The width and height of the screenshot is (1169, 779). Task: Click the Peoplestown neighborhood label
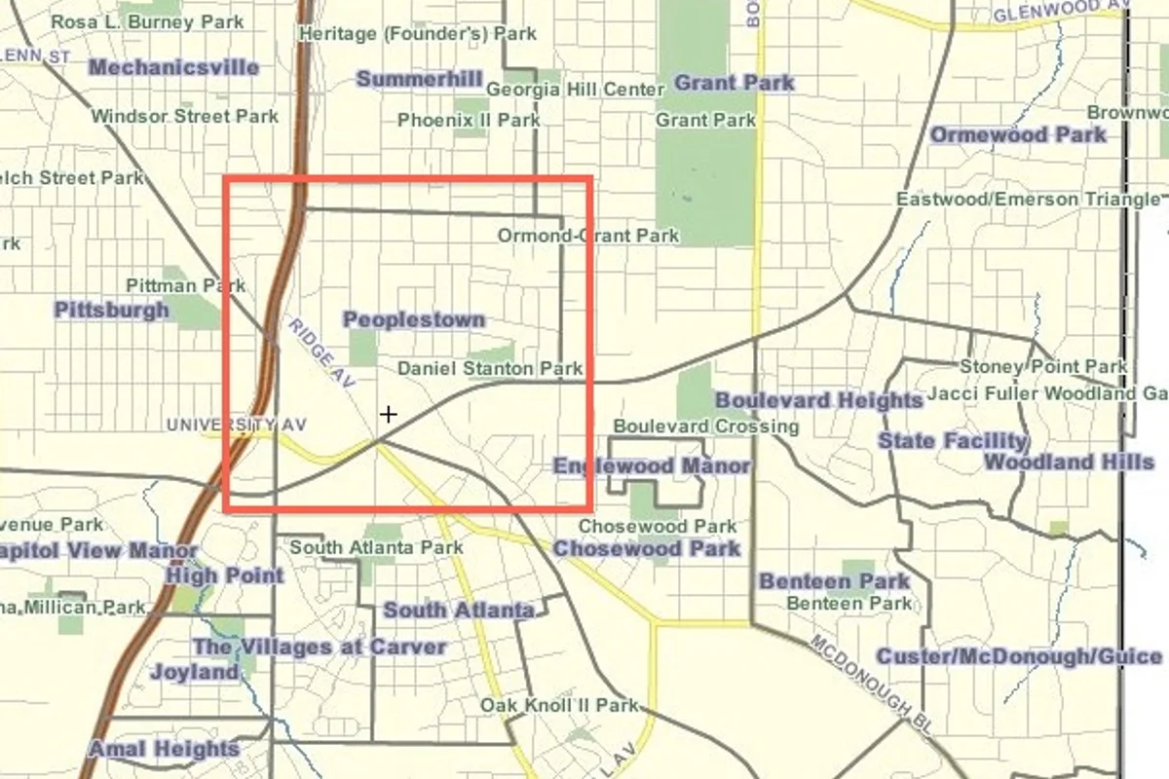click(x=414, y=319)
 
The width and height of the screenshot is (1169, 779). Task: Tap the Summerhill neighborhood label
click(x=420, y=80)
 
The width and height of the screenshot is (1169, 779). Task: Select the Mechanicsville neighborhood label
click(x=173, y=67)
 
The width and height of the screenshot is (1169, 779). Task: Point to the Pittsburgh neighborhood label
click(x=111, y=311)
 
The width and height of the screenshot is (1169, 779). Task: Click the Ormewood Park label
click(x=1019, y=135)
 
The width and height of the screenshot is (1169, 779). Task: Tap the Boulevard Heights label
click(x=818, y=400)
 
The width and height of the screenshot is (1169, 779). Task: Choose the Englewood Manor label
click(x=652, y=466)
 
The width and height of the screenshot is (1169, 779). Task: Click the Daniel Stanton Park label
click(x=490, y=369)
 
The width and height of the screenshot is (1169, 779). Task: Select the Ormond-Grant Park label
click(x=588, y=236)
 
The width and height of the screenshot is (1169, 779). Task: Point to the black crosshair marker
click(x=389, y=415)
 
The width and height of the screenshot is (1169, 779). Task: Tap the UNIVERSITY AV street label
click(x=236, y=425)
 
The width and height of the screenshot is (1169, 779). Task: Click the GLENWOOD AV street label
click(x=1060, y=12)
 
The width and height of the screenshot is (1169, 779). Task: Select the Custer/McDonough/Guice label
click(x=1019, y=657)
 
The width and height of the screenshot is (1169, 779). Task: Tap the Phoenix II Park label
click(x=469, y=121)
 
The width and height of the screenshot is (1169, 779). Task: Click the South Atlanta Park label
click(x=376, y=547)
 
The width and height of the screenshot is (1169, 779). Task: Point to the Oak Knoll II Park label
click(x=559, y=705)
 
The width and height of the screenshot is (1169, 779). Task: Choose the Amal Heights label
click(x=164, y=749)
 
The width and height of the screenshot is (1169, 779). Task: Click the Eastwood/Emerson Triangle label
click(x=1029, y=200)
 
